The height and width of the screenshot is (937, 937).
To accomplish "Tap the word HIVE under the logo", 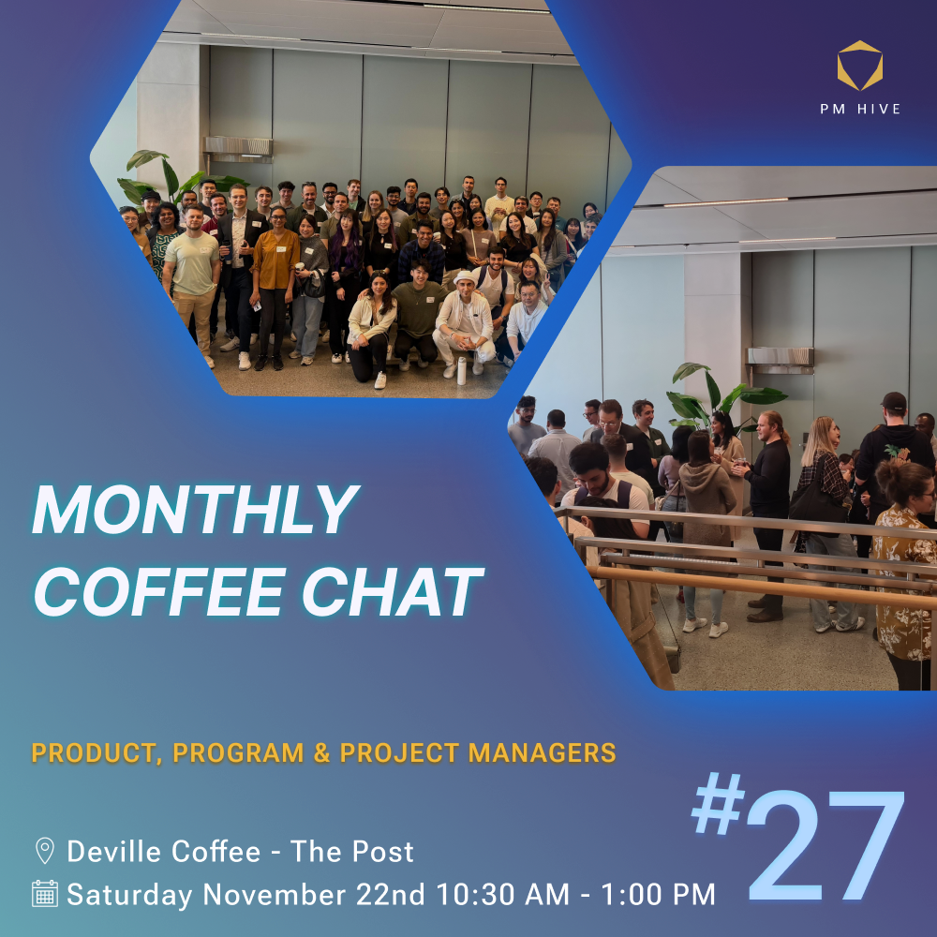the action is (x=879, y=109).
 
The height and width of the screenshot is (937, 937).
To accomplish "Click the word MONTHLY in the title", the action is (x=196, y=509).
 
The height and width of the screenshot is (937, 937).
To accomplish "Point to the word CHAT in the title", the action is (x=392, y=591).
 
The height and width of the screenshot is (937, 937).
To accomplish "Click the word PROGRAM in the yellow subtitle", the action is (x=238, y=753).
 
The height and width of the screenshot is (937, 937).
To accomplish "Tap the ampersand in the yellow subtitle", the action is (x=321, y=753).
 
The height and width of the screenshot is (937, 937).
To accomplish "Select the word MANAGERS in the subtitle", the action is (x=542, y=753).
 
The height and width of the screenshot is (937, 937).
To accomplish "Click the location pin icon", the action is (x=45, y=851).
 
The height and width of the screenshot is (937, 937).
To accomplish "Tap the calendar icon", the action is (x=45, y=893).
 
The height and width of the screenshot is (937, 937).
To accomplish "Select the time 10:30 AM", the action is (x=502, y=895).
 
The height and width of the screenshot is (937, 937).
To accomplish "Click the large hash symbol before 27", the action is (x=718, y=803).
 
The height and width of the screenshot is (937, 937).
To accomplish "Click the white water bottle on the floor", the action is (x=461, y=370).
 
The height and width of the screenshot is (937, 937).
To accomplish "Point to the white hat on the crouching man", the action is (x=464, y=278).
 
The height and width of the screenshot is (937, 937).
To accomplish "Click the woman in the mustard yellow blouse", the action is (x=274, y=287).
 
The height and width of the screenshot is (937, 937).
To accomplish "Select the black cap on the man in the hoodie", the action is (x=894, y=401).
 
